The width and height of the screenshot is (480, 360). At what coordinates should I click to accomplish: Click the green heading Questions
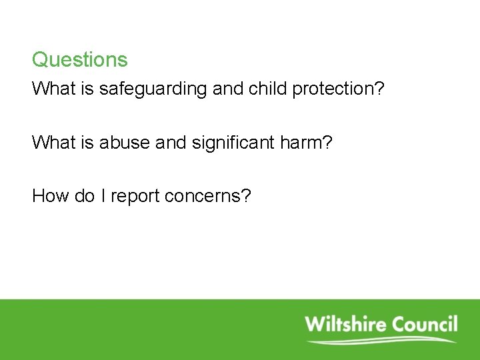pyautogui.click(x=79, y=60)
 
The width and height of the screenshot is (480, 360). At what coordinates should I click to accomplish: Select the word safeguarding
pyautogui.click(x=153, y=89)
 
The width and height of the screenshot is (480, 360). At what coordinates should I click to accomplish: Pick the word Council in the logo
pyautogui.click(x=425, y=325)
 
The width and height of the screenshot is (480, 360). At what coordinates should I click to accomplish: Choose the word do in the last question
pyautogui.click(x=85, y=196)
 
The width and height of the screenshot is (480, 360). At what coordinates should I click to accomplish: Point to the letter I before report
pyautogui.click(x=104, y=196)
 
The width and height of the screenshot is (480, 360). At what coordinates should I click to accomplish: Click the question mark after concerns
pyautogui.click(x=246, y=196)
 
